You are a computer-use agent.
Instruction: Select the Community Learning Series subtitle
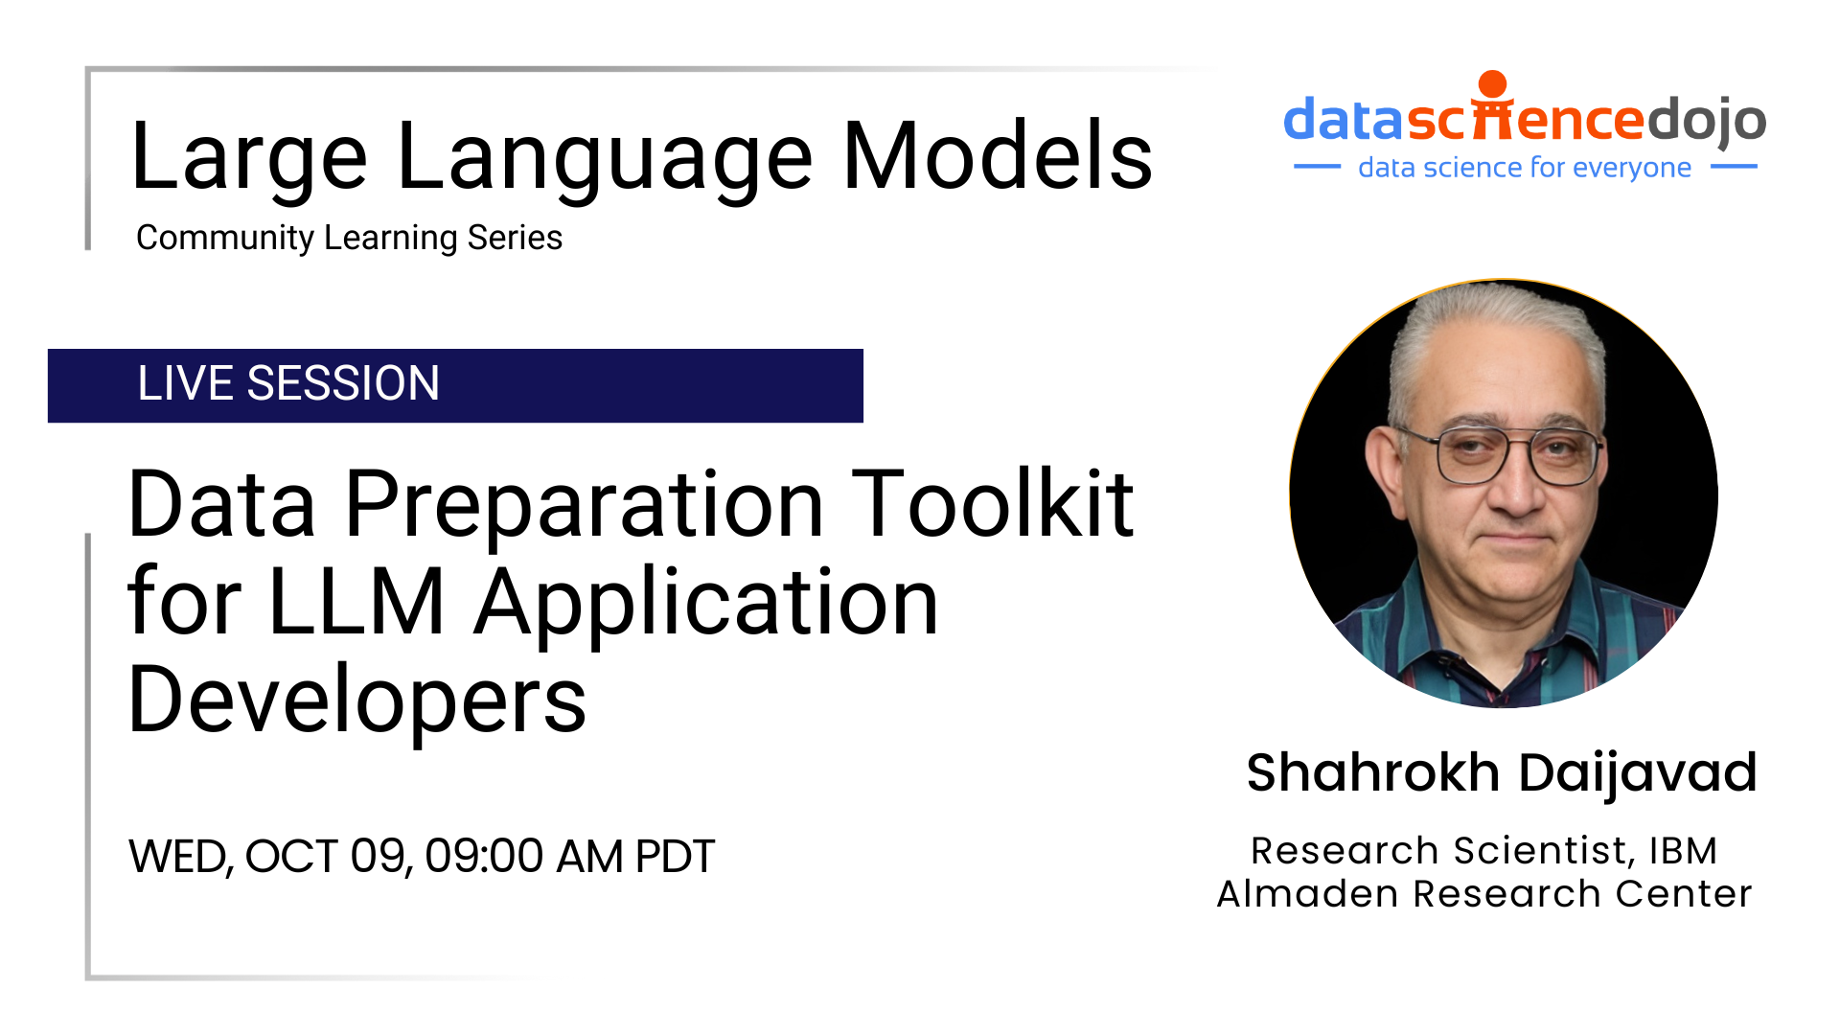(349, 238)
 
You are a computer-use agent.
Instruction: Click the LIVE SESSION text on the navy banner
(288, 383)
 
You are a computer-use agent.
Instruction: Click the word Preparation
(584, 506)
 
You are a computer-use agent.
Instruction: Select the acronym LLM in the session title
(356, 603)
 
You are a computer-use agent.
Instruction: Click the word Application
(707, 604)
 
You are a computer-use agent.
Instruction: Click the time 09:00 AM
(523, 856)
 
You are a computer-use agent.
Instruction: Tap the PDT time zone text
(675, 856)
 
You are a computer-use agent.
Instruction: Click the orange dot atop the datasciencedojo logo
(1492, 84)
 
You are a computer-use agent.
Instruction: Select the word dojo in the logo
(1705, 120)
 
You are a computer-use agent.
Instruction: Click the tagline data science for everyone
(1524, 168)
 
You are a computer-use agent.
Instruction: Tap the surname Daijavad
(1638, 772)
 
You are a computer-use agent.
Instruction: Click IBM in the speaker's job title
(1683, 851)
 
